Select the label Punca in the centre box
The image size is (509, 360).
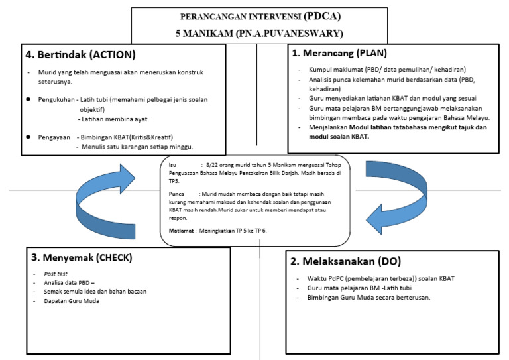tap(176, 193)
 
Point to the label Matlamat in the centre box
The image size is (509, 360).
tap(180, 230)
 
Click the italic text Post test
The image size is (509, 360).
tap(55, 273)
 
